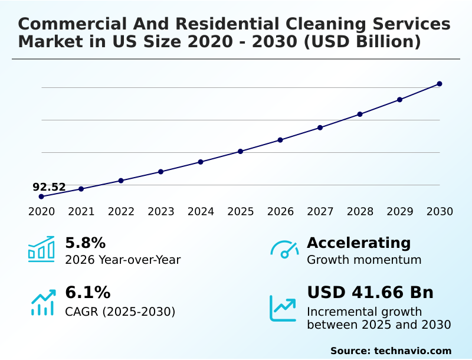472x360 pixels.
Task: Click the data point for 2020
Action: coord(41,197)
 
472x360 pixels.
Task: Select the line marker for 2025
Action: coord(241,152)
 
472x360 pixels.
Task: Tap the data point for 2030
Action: coord(440,84)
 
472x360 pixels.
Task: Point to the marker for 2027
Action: coord(320,127)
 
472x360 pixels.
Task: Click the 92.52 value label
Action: coord(49,187)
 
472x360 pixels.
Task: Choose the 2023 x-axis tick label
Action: coord(161,212)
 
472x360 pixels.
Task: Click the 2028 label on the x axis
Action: coord(360,212)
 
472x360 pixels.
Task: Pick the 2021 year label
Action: coord(81,212)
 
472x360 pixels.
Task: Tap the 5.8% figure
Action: coord(85,243)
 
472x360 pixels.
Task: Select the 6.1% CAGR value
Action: coord(87,293)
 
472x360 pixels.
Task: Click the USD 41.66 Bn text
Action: coord(370,293)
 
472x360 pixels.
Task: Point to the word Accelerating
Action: coord(359,243)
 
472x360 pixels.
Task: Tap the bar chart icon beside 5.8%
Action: coord(41,250)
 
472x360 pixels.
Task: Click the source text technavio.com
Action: coord(412,351)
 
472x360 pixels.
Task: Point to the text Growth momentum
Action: coord(364,260)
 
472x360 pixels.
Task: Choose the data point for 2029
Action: coord(400,100)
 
